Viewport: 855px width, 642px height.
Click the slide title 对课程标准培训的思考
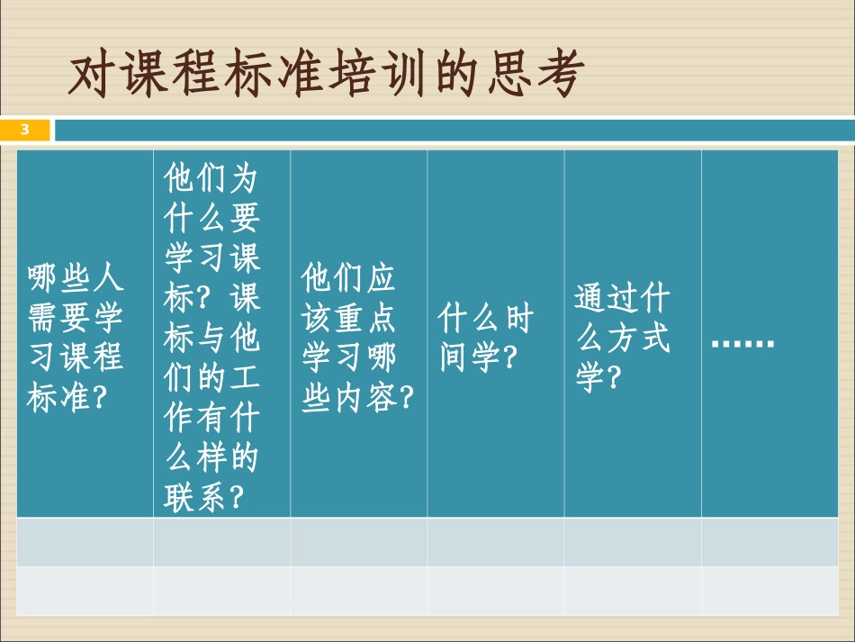[326, 76]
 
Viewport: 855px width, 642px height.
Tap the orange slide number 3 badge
[25, 130]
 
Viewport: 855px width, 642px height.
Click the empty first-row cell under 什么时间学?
[496, 541]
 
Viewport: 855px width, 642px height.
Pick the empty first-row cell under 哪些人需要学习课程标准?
[85, 541]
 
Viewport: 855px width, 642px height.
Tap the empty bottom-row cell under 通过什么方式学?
[633, 591]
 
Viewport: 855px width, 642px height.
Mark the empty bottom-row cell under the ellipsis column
[769, 591]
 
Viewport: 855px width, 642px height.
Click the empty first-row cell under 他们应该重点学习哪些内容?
[359, 541]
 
